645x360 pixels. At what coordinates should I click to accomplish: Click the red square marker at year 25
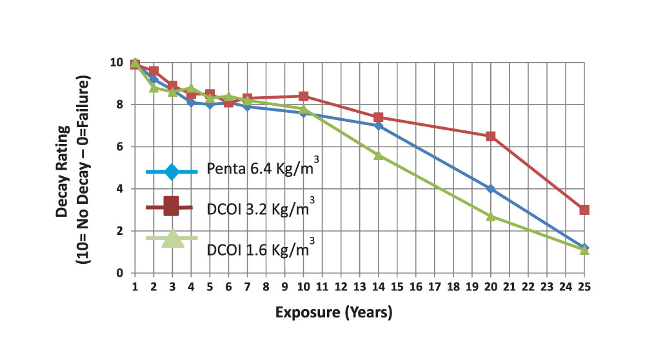click(x=584, y=210)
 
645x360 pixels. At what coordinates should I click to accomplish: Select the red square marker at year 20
click(x=491, y=136)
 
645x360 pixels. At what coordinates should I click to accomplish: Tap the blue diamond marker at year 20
click(x=491, y=189)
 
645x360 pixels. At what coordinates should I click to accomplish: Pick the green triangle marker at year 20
click(x=491, y=216)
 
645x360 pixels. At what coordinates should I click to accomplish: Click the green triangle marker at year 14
click(x=379, y=155)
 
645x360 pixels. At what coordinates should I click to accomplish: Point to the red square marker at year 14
click(x=379, y=117)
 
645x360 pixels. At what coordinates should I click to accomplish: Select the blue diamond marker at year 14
click(x=379, y=126)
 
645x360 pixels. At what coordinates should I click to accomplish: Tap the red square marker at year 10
click(x=304, y=96)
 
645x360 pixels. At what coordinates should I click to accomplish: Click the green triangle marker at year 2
click(x=154, y=87)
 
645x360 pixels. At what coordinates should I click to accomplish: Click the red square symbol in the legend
click(x=171, y=206)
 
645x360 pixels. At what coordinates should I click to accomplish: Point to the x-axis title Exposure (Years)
click(x=333, y=313)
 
